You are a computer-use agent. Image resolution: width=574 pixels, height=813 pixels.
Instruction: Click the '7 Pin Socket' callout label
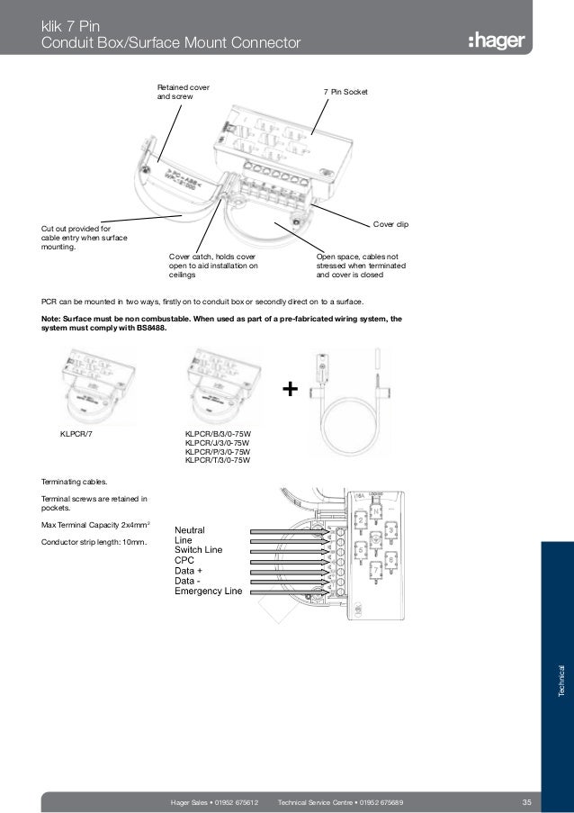(x=345, y=93)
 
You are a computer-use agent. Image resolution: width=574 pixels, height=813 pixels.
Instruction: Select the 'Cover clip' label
(x=390, y=222)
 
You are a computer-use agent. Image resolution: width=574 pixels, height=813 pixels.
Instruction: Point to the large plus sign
(x=290, y=389)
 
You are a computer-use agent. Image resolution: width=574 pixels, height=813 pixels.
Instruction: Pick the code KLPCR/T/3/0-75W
(x=216, y=460)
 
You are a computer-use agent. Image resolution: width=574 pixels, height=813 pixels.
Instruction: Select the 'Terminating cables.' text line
(x=73, y=483)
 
